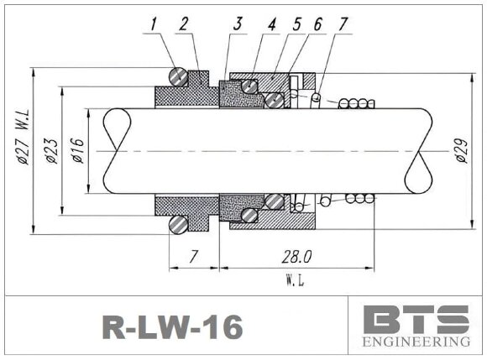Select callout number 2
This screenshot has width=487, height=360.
pos(183,25)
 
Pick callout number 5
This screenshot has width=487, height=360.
pos(296,25)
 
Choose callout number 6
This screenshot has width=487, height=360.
pos(317,25)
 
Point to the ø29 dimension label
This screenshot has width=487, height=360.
pos(460,151)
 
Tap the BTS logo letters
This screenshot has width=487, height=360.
pos(416,320)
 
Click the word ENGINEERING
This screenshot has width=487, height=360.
pos(416,342)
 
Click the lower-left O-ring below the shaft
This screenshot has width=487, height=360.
pos(178,224)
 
